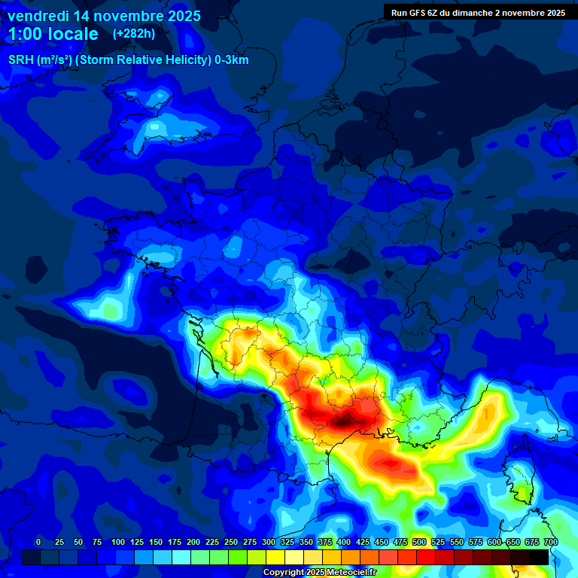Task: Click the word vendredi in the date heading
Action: pyautogui.click(x=38, y=16)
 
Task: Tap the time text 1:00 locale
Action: pyautogui.click(x=53, y=34)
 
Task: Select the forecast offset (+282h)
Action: pyautogui.click(x=134, y=34)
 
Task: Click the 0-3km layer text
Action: pyautogui.click(x=232, y=60)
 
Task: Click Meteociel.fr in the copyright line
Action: pyautogui.click(x=344, y=573)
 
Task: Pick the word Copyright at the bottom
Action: pyautogui.click(x=282, y=573)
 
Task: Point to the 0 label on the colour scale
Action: pyautogui.click(x=38, y=542)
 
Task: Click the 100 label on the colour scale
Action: pyautogui.click(x=118, y=542)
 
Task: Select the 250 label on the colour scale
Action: pyautogui.click(x=231, y=542)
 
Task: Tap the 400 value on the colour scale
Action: pyautogui.click(x=344, y=542)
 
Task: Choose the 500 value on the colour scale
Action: pyautogui.click(x=419, y=542)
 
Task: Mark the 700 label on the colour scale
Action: pyautogui.click(x=551, y=542)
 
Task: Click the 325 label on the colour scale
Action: pyautogui.click(x=287, y=542)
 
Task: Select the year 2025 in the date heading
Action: pyautogui.click(x=184, y=16)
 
